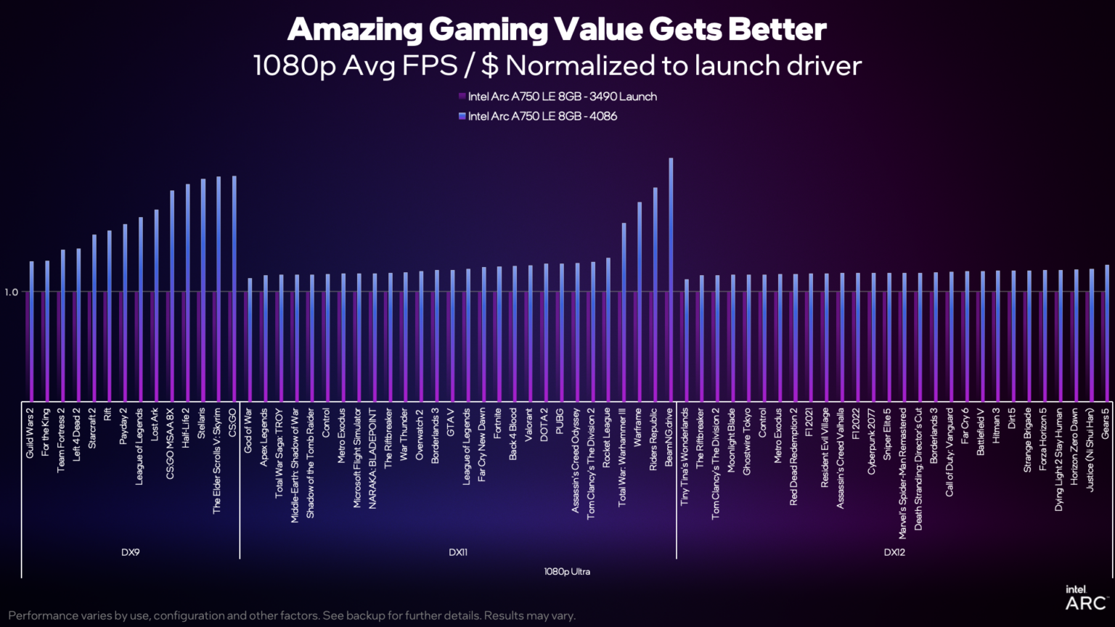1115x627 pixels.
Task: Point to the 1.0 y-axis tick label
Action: coord(11,292)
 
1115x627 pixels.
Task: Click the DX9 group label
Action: coord(131,552)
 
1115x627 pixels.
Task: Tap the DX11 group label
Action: coord(458,552)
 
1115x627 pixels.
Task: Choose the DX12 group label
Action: coord(894,552)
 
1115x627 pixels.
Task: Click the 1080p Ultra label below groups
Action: coord(567,572)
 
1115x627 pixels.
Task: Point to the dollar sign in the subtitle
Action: coord(490,66)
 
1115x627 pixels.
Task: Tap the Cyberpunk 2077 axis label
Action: coord(872,441)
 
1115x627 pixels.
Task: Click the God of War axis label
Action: coord(249,430)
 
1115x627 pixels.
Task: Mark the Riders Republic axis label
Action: coord(654,439)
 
